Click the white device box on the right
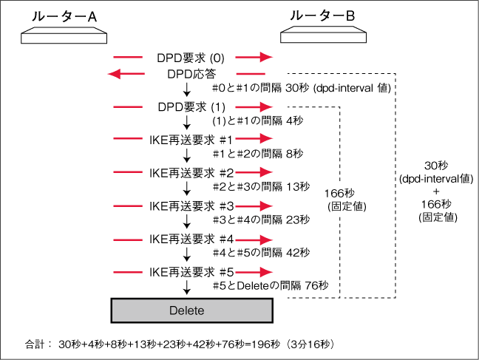tap(324, 35)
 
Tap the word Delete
tap(186, 311)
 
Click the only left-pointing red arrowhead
tap(113, 73)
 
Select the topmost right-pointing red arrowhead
tap(268, 57)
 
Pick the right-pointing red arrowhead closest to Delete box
tap(268, 273)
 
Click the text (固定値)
tap(347, 207)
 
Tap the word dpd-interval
tap(347, 89)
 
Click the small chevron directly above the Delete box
tap(187, 291)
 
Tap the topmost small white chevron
tap(187, 93)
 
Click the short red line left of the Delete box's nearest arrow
tap(127, 273)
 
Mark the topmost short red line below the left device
tap(127, 57)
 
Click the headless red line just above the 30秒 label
tap(250, 74)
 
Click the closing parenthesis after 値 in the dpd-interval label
tap(390, 89)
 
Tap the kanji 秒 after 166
tap(349, 193)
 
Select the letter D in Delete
tap(173, 311)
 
